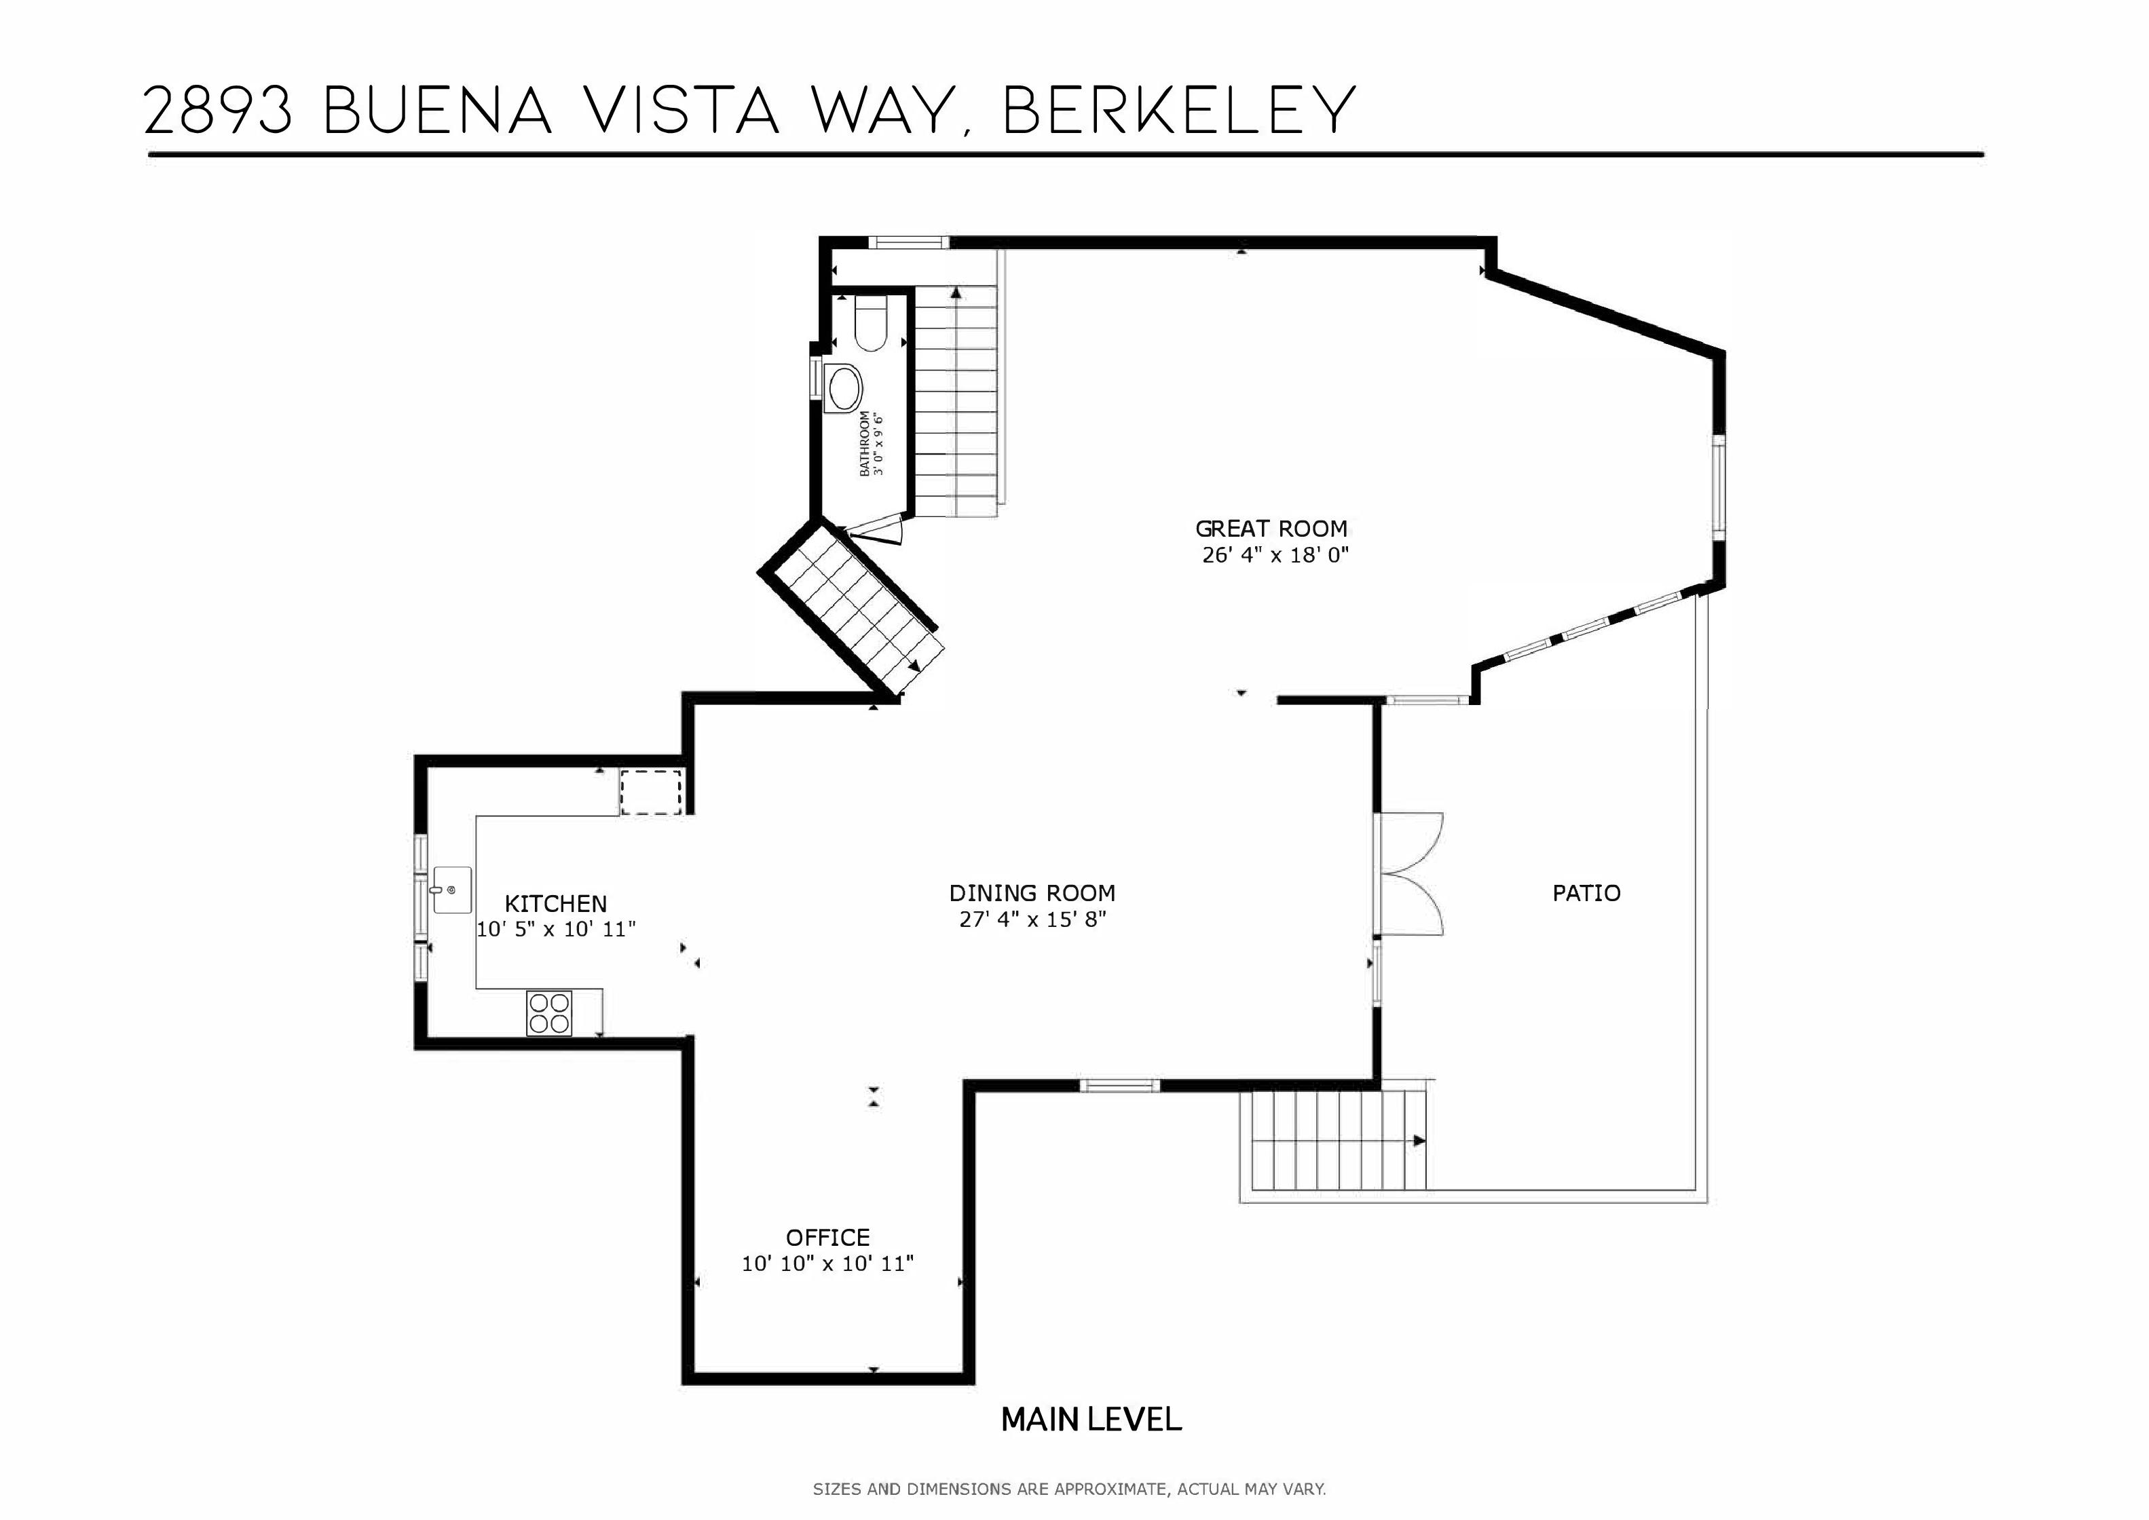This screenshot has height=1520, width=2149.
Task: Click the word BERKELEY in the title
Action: pyautogui.click(x=1179, y=111)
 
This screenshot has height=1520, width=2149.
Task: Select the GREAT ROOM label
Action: pyautogui.click(x=1271, y=529)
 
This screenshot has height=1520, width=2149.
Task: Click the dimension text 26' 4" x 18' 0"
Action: pyautogui.click(x=1275, y=555)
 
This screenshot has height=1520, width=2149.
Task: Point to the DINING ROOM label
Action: pyautogui.click(x=1032, y=893)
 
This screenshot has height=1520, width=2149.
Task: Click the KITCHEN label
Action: pyautogui.click(x=556, y=904)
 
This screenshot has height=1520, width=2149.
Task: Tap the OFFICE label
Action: pyautogui.click(x=827, y=1237)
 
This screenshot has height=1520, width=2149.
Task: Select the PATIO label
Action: pyautogui.click(x=1586, y=893)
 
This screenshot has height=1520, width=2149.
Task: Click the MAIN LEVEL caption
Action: pyautogui.click(x=1091, y=1420)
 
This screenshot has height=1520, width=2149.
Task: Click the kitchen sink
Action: pyautogui.click(x=451, y=891)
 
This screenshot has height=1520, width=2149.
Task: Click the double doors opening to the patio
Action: pyautogui.click(x=1411, y=874)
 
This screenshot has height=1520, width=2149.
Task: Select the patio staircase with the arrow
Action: pyautogui.click(x=1339, y=1141)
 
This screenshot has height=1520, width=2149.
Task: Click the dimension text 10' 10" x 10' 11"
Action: pyautogui.click(x=827, y=1264)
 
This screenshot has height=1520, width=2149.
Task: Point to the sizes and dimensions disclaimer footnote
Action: pyautogui.click(x=1069, y=1488)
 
